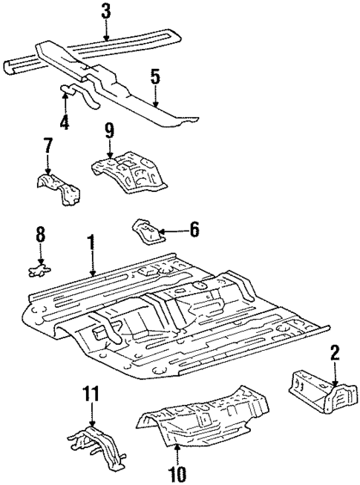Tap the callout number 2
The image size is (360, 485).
point(336,352)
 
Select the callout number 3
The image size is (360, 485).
point(106,11)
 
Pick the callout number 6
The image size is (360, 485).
point(194,230)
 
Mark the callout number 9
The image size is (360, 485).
point(109,132)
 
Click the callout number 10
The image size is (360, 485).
point(177,472)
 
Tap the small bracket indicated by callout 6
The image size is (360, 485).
point(146,231)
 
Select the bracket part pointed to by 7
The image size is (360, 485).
point(59,189)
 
